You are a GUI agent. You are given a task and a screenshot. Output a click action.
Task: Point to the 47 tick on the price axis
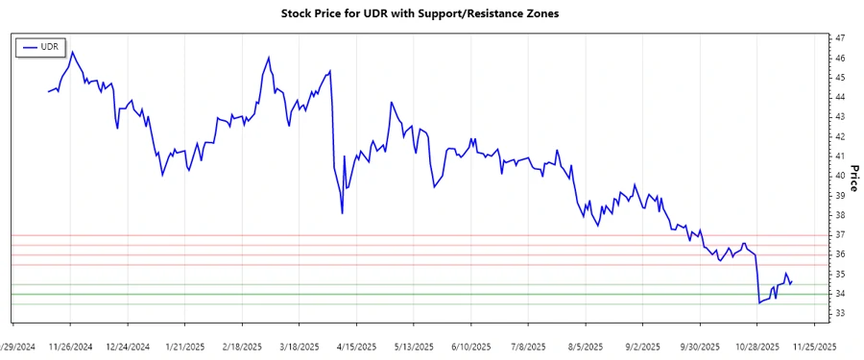pos(840,37)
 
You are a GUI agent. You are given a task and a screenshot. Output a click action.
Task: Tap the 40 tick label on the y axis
pos(840,176)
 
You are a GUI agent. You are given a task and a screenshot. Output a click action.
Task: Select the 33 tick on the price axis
pos(840,314)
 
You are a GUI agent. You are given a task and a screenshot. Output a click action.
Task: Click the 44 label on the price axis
pos(840,97)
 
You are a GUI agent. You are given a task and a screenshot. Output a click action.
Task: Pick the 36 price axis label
pos(840,254)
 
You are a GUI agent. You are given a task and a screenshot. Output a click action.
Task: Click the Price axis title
pos(854,176)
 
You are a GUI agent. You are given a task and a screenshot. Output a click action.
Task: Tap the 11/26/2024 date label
pos(69,347)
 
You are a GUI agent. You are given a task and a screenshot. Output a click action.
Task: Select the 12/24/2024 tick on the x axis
pos(127,347)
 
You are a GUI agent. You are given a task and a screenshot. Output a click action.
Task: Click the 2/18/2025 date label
pos(242,347)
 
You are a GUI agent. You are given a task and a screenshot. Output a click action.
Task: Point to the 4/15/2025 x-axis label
pos(355,347)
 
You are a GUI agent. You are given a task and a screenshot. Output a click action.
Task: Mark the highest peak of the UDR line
pos(73,52)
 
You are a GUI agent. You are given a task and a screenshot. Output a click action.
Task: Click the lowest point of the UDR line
pos(758,303)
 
